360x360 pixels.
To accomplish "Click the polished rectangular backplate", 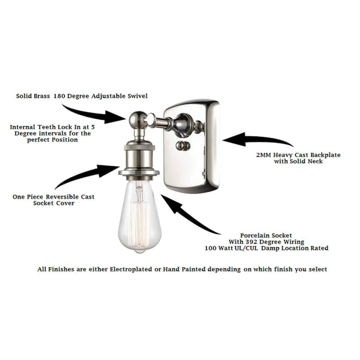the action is coord(191,146).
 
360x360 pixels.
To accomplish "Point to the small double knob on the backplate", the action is coord(183,146).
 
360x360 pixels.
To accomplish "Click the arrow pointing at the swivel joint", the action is coord(96,114).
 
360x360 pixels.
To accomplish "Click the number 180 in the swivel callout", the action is coord(59,96).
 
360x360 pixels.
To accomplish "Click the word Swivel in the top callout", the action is coord(138,96).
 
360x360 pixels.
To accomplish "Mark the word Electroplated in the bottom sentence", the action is coord(131,269).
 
